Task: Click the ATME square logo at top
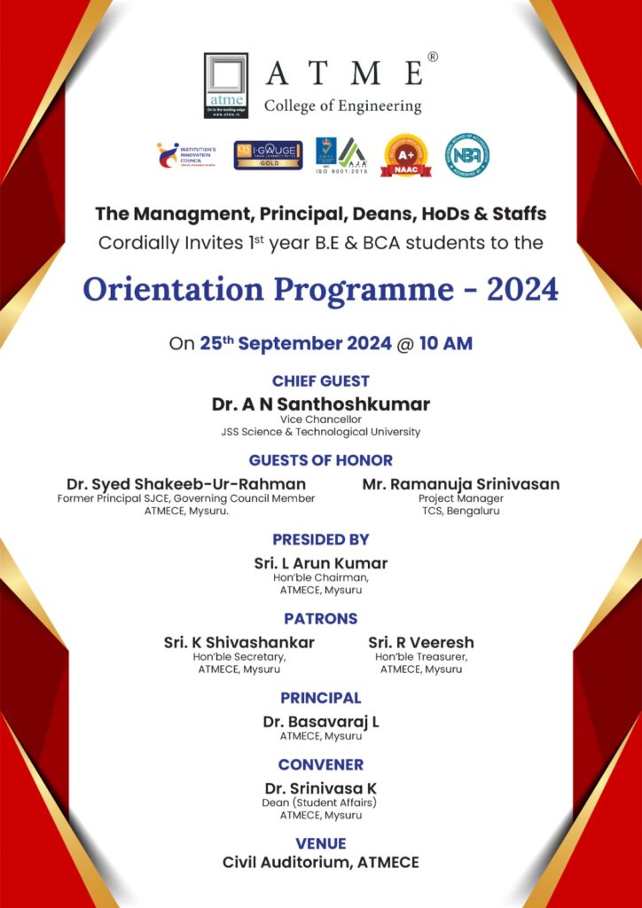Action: [225, 85]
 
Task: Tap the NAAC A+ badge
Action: [406, 155]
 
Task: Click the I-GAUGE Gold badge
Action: [268, 155]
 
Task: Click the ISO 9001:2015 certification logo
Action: [341, 155]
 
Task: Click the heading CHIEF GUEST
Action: [321, 381]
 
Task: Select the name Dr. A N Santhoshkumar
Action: [321, 404]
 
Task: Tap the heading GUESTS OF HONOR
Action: [321, 460]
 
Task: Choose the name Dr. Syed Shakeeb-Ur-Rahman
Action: [186, 484]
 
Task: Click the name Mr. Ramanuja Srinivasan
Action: [461, 484]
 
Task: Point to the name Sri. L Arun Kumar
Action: [321, 563]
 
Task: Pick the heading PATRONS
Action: [321, 618]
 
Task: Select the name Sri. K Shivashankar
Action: [239, 642]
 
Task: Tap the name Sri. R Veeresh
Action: [421, 642]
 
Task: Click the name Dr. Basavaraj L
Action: [321, 722]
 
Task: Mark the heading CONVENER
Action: [321, 764]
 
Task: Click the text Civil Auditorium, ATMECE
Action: [321, 862]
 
